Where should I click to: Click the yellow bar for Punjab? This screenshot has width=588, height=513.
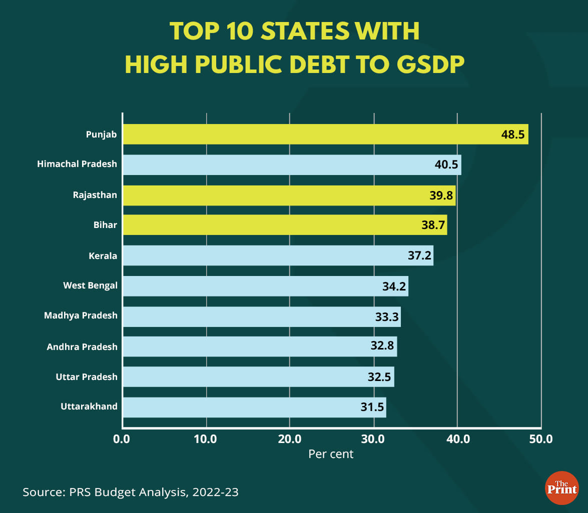click(x=325, y=134)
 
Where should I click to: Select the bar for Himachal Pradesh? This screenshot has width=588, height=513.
click(x=292, y=164)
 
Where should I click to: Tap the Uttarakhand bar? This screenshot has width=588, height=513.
click(x=254, y=407)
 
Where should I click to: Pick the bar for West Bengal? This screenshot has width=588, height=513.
click(x=265, y=286)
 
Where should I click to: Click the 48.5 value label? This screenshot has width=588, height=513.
click(x=512, y=134)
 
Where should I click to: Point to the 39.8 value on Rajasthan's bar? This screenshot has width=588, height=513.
click(x=441, y=195)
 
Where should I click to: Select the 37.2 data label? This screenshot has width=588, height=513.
click(x=420, y=256)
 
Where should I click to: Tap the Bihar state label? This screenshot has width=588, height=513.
click(x=105, y=225)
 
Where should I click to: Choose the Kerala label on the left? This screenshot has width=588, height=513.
click(x=103, y=256)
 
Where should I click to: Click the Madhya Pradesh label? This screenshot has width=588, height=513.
click(x=81, y=315)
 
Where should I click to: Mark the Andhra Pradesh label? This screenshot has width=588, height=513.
click(x=82, y=346)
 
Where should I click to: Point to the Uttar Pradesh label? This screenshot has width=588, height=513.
click(x=87, y=376)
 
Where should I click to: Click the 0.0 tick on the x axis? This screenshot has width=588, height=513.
click(x=122, y=439)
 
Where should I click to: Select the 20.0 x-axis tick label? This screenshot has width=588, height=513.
click(x=289, y=439)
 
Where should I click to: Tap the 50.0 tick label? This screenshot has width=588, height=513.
click(x=541, y=439)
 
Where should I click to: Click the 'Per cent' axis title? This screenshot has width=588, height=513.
click(x=331, y=454)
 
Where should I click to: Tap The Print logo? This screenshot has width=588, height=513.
click(x=561, y=488)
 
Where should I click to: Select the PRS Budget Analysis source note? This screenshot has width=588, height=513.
click(x=131, y=492)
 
